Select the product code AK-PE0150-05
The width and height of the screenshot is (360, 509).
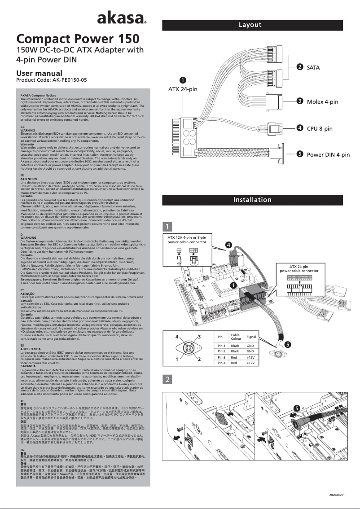tap(51, 80)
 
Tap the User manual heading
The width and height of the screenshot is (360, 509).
tap(39, 73)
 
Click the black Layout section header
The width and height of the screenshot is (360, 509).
tap(252, 25)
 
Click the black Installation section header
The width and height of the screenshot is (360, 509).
tap(252, 200)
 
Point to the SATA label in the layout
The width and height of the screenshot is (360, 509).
tap(313, 67)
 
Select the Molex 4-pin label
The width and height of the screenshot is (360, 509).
tap(322, 102)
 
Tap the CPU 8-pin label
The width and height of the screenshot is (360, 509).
tap(320, 128)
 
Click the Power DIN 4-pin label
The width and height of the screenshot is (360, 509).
tap(328, 154)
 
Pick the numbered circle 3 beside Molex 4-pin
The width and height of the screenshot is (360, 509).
tap(299, 101)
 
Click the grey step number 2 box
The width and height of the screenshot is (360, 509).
tap(167, 379)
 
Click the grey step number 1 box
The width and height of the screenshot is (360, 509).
tap(167, 226)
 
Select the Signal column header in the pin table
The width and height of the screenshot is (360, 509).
tap(251, 337)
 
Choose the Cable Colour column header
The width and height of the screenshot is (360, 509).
tap(236, 337)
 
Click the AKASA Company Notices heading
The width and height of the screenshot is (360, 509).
tap(38, 96)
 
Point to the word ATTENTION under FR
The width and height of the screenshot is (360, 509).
tap(29, 179)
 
